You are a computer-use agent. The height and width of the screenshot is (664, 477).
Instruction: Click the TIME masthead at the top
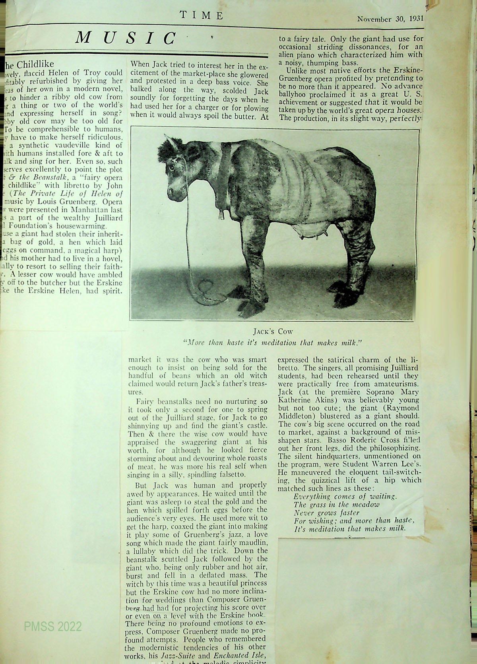(201, 16)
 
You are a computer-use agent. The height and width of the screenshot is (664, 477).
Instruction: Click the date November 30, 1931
(390, 18)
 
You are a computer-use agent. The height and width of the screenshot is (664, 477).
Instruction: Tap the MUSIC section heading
(126, 38)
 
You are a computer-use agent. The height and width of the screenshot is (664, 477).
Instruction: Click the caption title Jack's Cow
(273, 331)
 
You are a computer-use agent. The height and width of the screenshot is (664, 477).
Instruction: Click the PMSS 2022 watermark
(53, 627)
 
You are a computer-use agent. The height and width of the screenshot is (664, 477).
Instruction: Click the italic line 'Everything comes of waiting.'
(345, 497)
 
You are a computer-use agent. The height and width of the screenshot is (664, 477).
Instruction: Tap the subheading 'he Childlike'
(29, 64)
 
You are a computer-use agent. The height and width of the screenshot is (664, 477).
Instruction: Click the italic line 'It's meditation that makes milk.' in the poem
(349, 529)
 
